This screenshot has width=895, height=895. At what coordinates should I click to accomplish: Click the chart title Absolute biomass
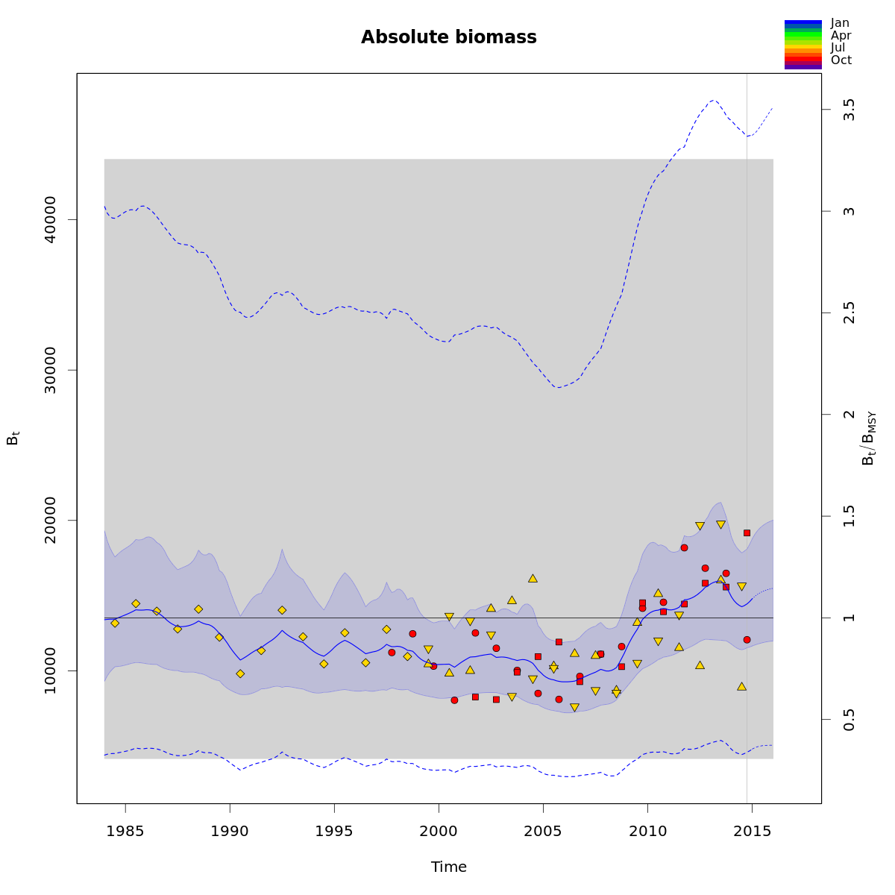448,37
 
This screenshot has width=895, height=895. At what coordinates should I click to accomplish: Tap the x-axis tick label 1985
125,832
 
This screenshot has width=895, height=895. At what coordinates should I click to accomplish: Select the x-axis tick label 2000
439,832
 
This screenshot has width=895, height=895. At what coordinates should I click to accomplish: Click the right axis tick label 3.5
849,110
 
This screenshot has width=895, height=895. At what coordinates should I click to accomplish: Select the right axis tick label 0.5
849,719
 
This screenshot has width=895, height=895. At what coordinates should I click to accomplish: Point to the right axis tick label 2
849,415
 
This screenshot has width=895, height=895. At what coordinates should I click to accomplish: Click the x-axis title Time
448,867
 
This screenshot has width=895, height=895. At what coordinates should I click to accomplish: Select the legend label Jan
840,23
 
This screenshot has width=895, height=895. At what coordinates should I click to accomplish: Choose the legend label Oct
841,60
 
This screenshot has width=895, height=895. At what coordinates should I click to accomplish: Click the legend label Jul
838,48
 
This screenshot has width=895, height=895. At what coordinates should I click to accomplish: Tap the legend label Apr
841,35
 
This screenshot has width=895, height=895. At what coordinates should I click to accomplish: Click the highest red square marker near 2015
747,533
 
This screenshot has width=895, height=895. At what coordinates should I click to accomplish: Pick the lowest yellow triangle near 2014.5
741,686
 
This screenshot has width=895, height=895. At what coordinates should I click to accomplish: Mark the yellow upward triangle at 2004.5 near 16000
533,578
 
